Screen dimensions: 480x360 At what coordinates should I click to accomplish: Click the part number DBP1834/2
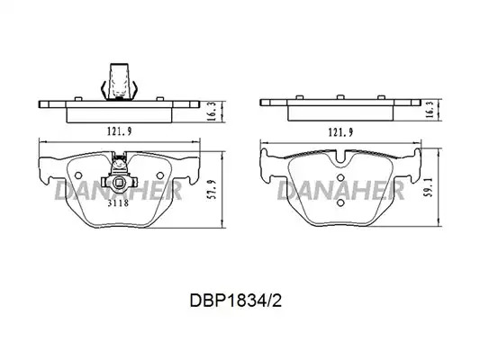[235, 301]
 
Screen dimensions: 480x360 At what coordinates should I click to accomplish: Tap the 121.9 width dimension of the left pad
[119, 131]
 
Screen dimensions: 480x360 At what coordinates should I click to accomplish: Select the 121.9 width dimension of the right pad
[340, 132]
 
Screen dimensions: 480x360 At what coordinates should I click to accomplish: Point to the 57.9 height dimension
[213, 189]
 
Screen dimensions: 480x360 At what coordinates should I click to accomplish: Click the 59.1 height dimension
[430, 187]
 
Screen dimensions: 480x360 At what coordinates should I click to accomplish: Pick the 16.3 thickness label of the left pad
[213, 112]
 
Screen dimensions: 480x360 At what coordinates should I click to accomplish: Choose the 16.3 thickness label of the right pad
[430, 110]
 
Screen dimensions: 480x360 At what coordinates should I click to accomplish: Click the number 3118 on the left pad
[118, 203]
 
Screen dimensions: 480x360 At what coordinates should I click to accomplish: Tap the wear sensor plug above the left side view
[119, 82]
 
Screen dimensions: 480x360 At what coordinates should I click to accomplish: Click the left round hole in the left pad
[78, 175]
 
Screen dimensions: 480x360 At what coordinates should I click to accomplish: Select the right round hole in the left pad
[159, 175]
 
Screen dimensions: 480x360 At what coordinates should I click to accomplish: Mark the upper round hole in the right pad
[340, 177]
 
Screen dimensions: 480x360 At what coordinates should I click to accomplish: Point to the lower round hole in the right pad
[340, 202]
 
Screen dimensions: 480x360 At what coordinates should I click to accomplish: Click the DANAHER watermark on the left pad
[118, 190]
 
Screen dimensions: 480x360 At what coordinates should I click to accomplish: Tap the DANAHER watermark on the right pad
[340, 190]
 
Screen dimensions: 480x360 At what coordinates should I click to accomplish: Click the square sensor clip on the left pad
[119, 183]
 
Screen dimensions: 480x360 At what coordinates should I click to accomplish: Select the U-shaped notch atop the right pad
[341, 157]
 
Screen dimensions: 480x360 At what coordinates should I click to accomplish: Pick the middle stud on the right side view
[340, 97]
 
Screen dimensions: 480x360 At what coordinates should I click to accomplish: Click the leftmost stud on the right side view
[299, 97]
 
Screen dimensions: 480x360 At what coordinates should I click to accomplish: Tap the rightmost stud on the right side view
[381, 97]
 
